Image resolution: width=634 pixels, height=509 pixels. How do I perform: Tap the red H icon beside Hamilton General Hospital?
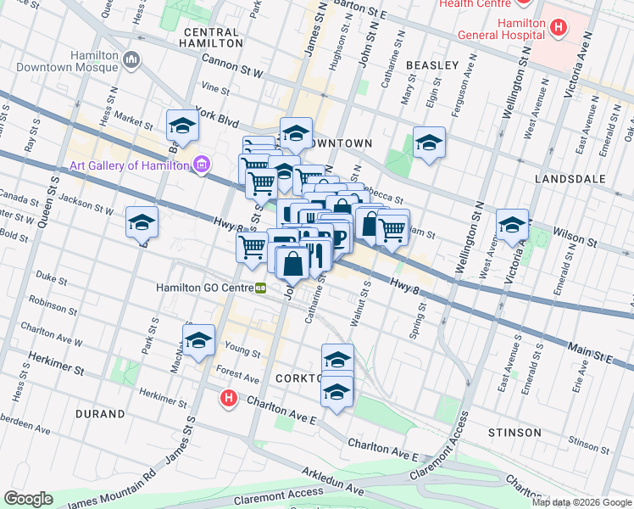point(558,28)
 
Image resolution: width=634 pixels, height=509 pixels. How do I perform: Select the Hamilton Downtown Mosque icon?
point(131,59)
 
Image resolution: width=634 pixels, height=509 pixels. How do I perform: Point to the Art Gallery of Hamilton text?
point(129,165)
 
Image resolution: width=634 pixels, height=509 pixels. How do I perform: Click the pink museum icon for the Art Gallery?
point(202,165)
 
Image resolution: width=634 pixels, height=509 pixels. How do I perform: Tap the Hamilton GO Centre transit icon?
point(262,288)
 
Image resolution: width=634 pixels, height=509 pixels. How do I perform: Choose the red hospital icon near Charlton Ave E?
point(228,396)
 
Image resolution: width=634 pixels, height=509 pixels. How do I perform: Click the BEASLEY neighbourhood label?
point(432,64)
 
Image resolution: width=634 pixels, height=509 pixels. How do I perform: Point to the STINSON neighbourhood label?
point(514,433)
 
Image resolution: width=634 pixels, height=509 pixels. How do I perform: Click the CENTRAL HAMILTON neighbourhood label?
point(211,36)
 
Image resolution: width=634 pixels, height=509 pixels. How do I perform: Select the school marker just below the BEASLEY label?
point(430,143)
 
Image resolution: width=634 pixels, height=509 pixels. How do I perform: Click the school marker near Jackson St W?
point(142,223)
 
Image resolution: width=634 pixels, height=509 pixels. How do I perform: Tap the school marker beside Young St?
point(199,340)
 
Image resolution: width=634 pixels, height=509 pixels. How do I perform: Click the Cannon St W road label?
point(231,66)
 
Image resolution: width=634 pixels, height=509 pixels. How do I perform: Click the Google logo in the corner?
point(29,499)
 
